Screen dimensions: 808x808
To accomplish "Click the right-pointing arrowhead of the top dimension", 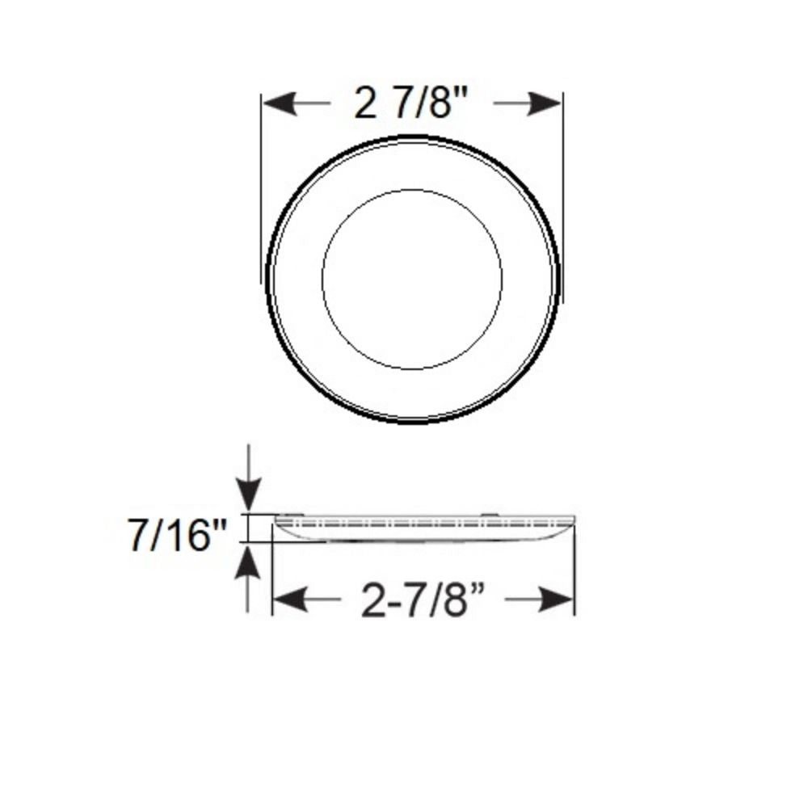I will click(546, 103).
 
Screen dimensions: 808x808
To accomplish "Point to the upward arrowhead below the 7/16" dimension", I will click(250, 559).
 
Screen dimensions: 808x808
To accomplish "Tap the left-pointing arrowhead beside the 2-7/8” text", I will click(289, 600).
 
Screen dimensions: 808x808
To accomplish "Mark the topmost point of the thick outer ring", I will click(412, 137).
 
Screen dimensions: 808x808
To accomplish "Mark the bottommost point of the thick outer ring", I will click(412, 421).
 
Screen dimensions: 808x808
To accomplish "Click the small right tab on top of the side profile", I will click(488, 512).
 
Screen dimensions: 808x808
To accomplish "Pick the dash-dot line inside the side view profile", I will click(420, 524).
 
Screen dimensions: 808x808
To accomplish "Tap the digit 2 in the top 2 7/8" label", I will click(365, 103).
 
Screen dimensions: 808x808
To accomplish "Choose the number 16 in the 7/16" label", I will click(188, 536).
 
